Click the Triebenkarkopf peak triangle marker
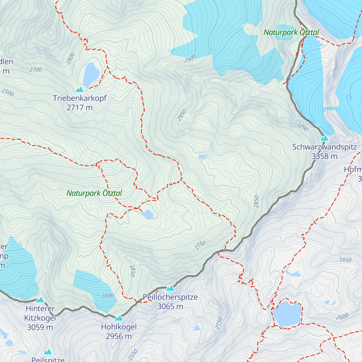coord(80,89)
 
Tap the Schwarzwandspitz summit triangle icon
coord(324,138)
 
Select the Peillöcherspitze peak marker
coord(170,288)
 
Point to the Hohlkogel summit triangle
coord(119,318)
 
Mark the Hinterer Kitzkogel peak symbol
coord(40,300)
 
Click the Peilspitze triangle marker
coord(48,352)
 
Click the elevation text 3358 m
coord(324,156)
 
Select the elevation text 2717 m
coord(80,108)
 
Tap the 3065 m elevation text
coord(170,306)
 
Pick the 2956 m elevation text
coord(119,336)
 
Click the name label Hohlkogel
coord(119,327)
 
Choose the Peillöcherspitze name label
coord(170,297)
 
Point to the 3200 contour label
coord(303,127)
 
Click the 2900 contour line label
coord(190,59)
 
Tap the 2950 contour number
coord(182,116)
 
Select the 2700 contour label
coord(36,70)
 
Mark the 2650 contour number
coord(345,260)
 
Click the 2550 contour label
coord(133,355)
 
